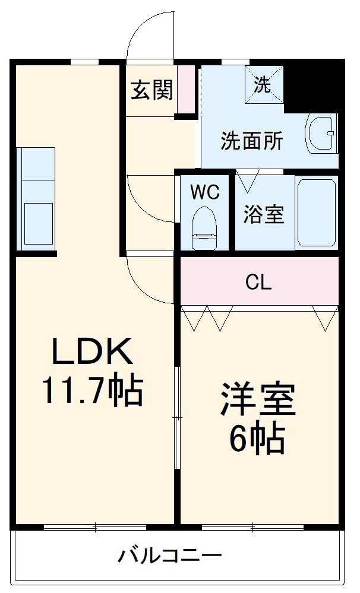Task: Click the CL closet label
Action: point(258,282)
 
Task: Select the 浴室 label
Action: point(263,214)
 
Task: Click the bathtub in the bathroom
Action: point(317,212)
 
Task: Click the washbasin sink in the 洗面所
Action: point(321,133)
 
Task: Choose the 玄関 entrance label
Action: point(152,90)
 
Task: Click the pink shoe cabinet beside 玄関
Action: point(187,89)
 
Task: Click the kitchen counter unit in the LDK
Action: point(36,199)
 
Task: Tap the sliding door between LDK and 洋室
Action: point(176,418)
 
